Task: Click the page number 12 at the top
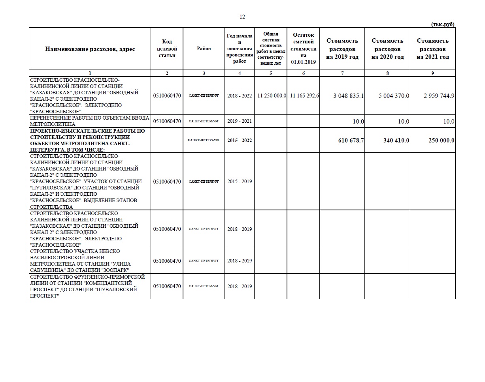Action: click(x=242, y=17)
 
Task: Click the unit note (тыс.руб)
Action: click(x=442, y=24)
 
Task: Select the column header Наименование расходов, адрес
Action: click(x=90, y=49)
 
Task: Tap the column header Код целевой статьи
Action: click(x=167, y=49)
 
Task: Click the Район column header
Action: click(x=204, y=49)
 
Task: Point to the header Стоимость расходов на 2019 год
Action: click(x=342, y=49)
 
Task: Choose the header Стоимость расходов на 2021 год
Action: click(x=432, y=49)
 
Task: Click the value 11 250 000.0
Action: click(x=272, y=96)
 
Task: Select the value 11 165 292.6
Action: click(x=304, y=96)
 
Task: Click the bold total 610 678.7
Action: click(x=351, y=140)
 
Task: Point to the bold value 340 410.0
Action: click(x=396, y=140)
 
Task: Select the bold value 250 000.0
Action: click(x=441, y=140)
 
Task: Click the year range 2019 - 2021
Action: click(x=240, y=121)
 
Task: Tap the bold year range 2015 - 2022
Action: click(x=240, y=140)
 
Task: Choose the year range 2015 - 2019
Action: click(x=240, y=182)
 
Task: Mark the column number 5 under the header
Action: click(x=271, y=73)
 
